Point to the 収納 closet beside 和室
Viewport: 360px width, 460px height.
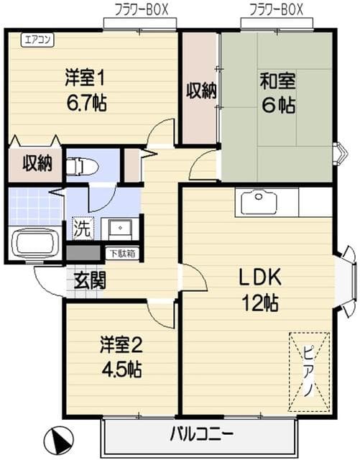(x=200, y=91)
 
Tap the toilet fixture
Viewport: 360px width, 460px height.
(x=81, y=167)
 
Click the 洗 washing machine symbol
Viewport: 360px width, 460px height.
(x=81, y=231)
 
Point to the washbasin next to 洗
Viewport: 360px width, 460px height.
(x=116, y=229)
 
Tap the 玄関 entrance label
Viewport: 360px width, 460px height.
(x=89, y=280)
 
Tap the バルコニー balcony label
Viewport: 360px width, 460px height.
(x=201, y=435)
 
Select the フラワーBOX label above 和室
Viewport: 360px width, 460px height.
(x=276, y=9)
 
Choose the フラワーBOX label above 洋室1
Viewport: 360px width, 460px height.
(x=141, y=9)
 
